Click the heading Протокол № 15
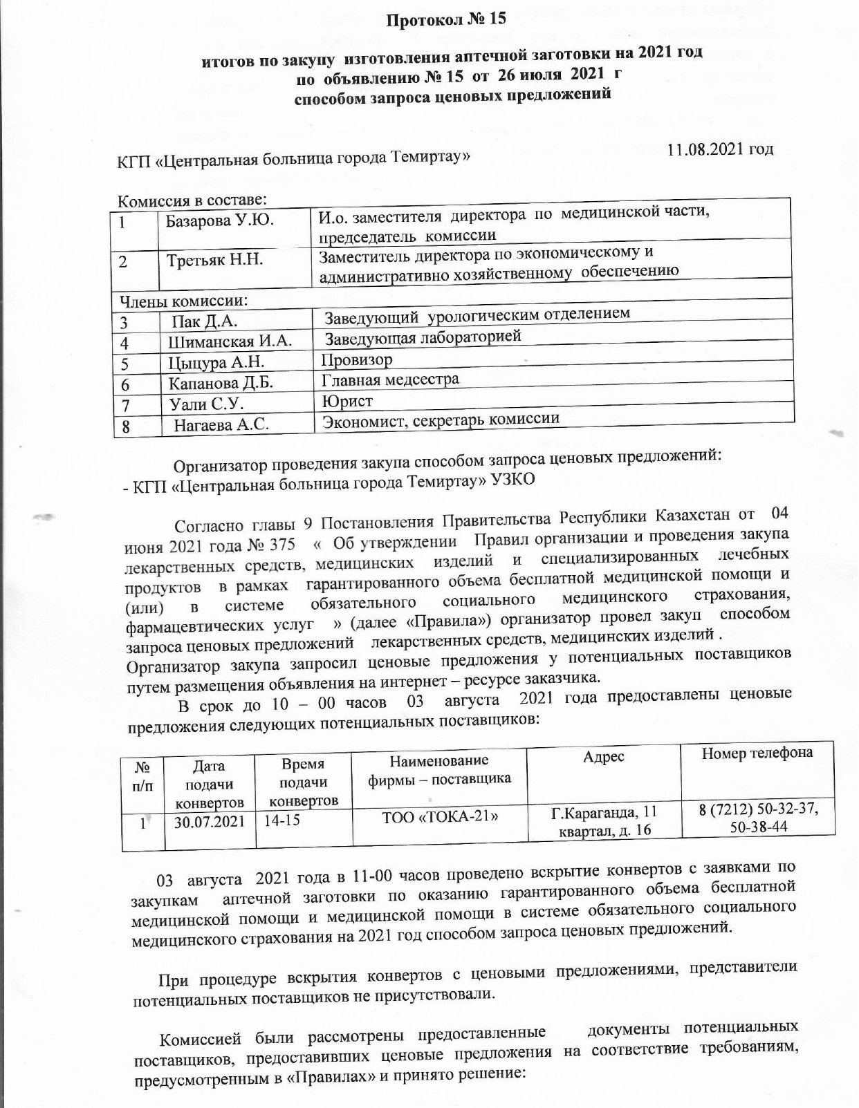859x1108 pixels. [446, 19]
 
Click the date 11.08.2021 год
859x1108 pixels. [720, 149]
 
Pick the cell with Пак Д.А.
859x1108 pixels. [205, 321]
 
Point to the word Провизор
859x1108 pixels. [357, 360]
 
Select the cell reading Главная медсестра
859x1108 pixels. [390, 379]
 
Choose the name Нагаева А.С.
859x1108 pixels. [221, 425]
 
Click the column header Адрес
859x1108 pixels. [603, 757]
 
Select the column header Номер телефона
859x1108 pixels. [757, 753]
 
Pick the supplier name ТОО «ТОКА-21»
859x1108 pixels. [441, 816]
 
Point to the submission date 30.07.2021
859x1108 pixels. [209, 822]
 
